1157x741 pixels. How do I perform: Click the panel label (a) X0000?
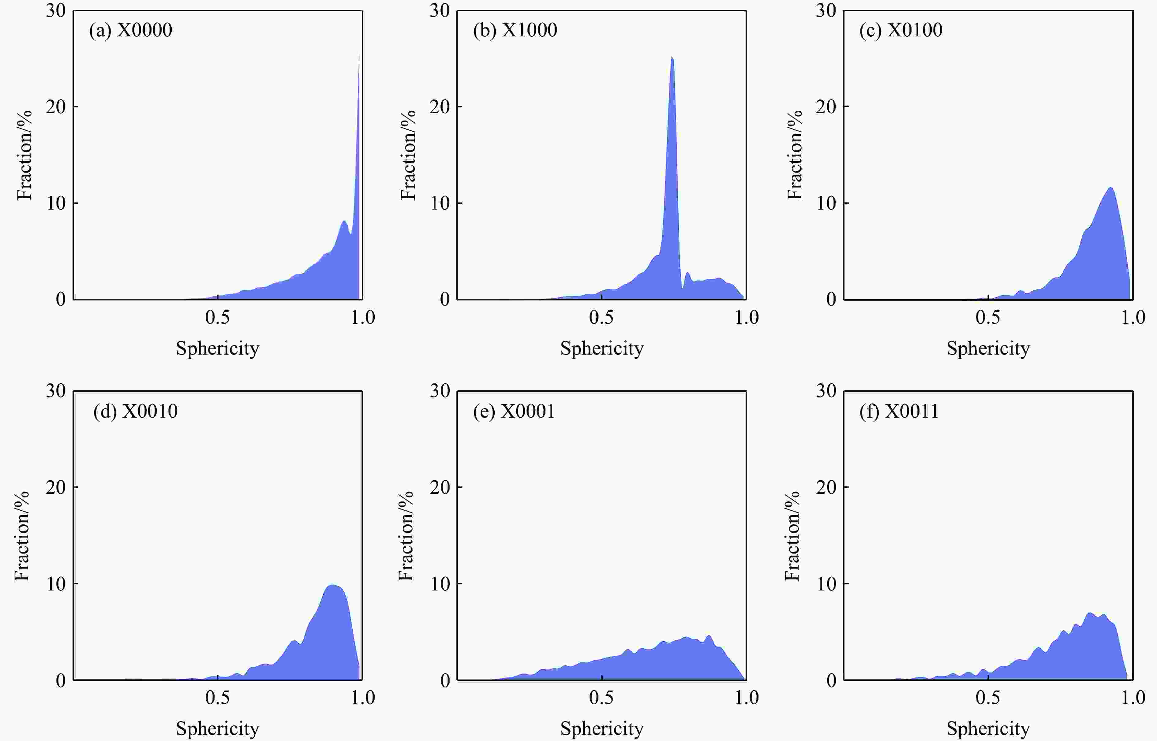click(130, 30)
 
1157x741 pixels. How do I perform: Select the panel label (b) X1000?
click(515, 30)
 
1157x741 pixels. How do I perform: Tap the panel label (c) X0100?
click(901, 30)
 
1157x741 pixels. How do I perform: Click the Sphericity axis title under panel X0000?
click(218, 348)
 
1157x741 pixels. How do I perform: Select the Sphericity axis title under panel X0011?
click(988, 728)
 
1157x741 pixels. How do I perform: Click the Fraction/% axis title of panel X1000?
click(408, 155)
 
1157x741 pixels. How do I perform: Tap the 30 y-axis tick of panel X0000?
click(56, 11)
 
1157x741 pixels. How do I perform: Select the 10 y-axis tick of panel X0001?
click(440, 584)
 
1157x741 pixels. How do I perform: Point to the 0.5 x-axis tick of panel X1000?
click(601, 318)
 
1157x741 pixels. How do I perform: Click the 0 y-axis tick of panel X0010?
click(61, 680)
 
